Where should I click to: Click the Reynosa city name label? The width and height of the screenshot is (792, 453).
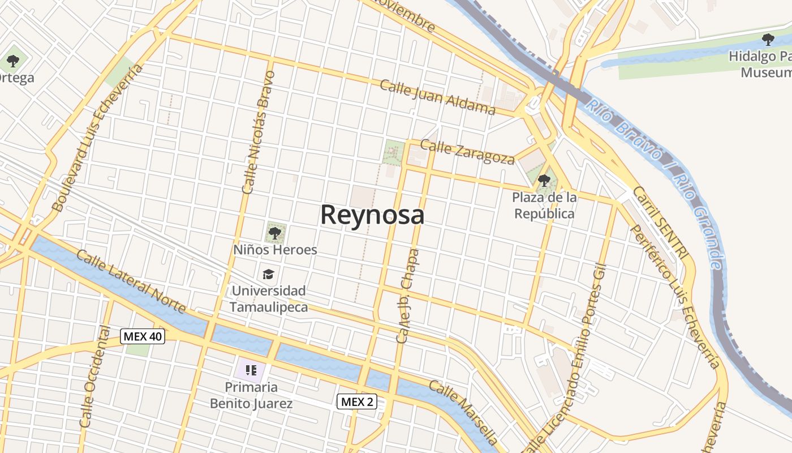372,215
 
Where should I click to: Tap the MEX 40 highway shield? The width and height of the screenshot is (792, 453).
143,336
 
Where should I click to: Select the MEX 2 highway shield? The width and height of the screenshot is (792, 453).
357,402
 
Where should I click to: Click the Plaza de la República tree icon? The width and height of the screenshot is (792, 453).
544,181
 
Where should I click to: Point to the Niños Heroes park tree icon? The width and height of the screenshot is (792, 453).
275,232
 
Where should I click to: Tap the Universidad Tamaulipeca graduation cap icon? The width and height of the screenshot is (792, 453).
268,275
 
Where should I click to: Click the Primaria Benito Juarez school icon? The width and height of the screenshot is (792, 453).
251,370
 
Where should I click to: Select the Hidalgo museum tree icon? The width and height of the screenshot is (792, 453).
768,40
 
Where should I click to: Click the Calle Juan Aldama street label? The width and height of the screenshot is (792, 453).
437,97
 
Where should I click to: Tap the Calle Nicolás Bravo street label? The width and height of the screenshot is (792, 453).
257,133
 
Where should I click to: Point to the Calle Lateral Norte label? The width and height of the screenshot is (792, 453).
131,281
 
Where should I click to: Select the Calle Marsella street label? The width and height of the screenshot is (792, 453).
463,412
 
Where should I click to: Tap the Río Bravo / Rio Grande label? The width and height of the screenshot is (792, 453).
656,159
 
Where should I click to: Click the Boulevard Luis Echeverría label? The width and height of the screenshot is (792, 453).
96,139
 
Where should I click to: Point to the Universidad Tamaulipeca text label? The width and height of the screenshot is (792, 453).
269,299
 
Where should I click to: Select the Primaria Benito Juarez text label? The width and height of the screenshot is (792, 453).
251,395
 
